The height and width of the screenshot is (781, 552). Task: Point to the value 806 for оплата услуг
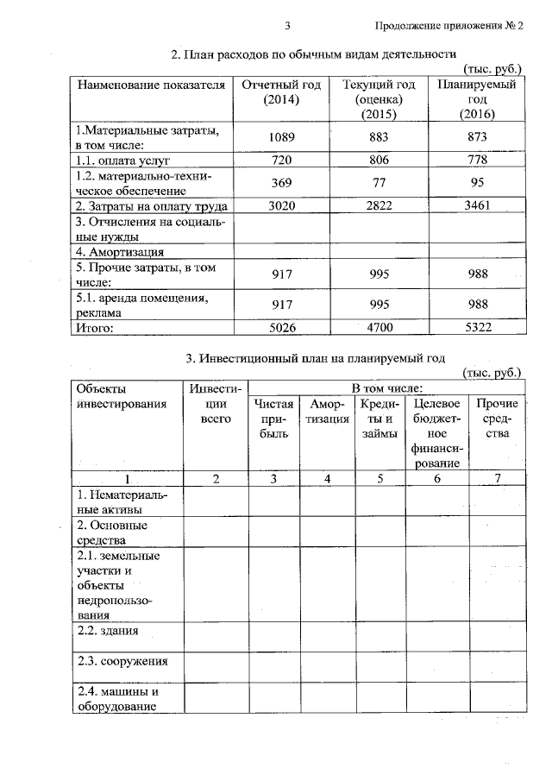coord(378,161)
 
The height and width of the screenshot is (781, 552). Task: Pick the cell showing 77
coord(378,182)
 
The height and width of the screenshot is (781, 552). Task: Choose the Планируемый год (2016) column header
coord(477,99)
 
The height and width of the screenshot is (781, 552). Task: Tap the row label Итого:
coord(96,327)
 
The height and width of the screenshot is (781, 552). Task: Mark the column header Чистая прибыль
coord(274,420)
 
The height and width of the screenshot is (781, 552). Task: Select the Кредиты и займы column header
coord(379,420)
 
